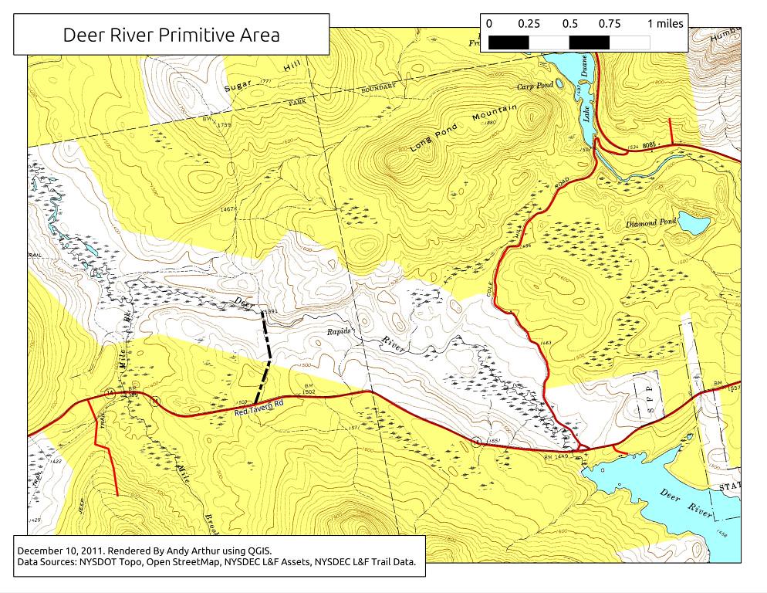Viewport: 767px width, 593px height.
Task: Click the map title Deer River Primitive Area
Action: (171, 35)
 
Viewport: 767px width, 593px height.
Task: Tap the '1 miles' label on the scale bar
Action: (664, 24)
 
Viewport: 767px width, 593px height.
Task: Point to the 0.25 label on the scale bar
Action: (529, 24)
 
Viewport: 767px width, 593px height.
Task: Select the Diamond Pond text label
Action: (650, 223)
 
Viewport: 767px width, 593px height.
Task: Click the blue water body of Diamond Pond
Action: (694, 225)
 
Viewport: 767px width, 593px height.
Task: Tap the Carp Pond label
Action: (535, 86)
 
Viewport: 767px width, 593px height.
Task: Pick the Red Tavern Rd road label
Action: (260, 408)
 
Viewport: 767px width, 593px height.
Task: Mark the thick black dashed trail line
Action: (266, 355)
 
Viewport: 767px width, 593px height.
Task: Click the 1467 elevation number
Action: (227, 209)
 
